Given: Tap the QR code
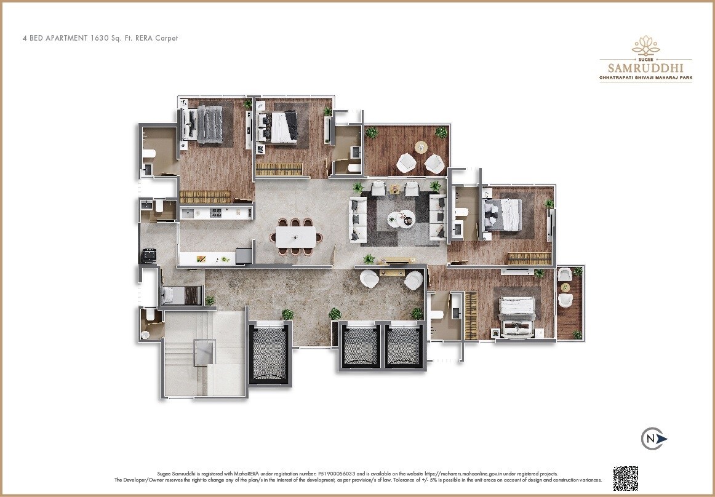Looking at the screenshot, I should pyautogui.click(x=625, y=478).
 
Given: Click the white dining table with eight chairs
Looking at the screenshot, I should pyautogui.click(x=296, y=236).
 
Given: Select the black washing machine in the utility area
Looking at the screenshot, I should pyautogui.click(x=149, y=255).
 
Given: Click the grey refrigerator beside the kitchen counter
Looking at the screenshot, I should pyautogui.click(x=244, y=256).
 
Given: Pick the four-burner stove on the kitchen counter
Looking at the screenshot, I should pyautogui.click(x=217, y=212).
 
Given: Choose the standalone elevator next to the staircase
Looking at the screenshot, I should pyautogui.click(x=269, y=354).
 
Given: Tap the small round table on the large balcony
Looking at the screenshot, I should pyautogui.click(x=421, y=147).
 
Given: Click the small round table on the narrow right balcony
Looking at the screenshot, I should pyautogui.click(x=564, y=287).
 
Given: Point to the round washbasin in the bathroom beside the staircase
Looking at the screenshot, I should pyautogui.click(x=146, y=335).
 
